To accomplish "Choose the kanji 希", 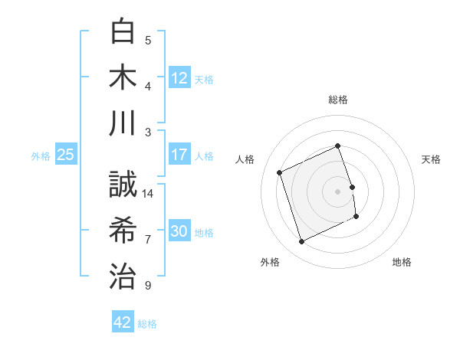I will tap(123, 230).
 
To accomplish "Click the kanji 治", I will tap(123, 275).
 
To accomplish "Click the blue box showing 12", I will tap(179, 78).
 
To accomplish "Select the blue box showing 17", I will tap(179, 155).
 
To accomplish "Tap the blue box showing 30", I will tap(179, 232).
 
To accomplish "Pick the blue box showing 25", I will tap(66, 155).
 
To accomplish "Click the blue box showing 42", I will tap(123, 322).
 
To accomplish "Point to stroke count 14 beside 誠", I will tap(148, 194).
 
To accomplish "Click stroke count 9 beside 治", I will tap(148, 286).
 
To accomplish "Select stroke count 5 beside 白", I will tap(148, 40).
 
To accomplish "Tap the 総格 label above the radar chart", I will tap(338, 100).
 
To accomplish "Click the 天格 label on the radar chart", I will tap(431, 159).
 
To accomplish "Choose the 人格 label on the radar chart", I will tap(245, 159).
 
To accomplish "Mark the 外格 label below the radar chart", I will tap(270, 262).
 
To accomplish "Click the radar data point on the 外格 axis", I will tap(301, 242).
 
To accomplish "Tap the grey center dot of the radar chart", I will tap(338, 191).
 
